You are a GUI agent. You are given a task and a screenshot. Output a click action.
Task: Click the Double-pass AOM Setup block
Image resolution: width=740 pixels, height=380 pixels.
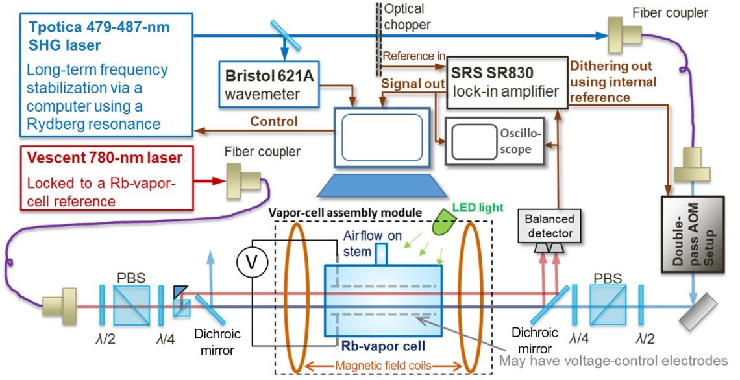(691, 232)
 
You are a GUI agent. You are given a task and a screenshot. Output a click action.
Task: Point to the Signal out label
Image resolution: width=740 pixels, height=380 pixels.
(413, 84)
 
